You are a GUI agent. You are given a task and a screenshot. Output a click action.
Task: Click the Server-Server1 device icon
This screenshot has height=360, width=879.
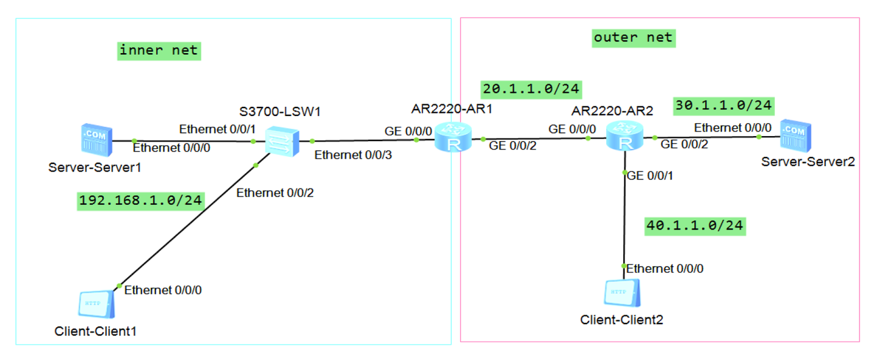pos(96,140)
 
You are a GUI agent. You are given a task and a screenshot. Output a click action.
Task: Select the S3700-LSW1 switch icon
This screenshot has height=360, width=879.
pos(282,141)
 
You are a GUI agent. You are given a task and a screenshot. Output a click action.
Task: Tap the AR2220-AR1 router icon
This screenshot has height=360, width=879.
pos(453,137)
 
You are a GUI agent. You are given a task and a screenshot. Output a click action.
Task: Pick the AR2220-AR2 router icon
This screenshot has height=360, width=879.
pos(624,135)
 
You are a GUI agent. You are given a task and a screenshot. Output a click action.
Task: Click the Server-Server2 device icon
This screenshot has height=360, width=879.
pos(795,135)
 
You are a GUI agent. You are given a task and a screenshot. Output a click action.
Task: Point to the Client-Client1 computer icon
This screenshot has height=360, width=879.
pos(96,304)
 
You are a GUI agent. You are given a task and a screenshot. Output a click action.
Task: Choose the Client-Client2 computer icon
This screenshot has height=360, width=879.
pos(623,292)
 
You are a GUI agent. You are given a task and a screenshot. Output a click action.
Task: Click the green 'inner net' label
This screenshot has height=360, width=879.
pos(159,51)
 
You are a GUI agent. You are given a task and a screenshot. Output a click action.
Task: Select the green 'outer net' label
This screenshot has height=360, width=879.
pos(634,38)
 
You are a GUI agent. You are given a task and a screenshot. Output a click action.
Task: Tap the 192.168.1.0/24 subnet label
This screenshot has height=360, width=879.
pos(140,201)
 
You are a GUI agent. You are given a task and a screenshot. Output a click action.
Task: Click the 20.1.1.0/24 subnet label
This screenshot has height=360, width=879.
pos(531,90)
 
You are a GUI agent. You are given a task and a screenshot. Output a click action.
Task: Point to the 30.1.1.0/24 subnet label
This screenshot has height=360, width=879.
pos(724,106)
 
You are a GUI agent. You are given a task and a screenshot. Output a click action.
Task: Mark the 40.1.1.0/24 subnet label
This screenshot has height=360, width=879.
pos(695,226)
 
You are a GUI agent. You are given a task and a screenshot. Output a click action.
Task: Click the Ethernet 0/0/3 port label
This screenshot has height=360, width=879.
pos(353,155)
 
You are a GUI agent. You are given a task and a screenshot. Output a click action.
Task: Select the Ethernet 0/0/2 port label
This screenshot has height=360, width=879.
pos(275,193)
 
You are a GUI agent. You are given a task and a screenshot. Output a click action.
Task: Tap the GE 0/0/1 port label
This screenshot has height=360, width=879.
pos(650,176)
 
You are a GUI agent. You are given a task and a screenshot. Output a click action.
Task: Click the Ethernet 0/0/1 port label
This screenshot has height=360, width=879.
pos(217,129)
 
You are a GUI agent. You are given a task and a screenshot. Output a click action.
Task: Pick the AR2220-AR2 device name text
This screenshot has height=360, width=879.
pos(612,111)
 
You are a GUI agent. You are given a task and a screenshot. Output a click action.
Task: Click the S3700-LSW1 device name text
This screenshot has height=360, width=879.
pos(280,112)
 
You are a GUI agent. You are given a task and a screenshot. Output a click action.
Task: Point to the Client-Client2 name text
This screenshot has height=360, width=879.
pos(621,320)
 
